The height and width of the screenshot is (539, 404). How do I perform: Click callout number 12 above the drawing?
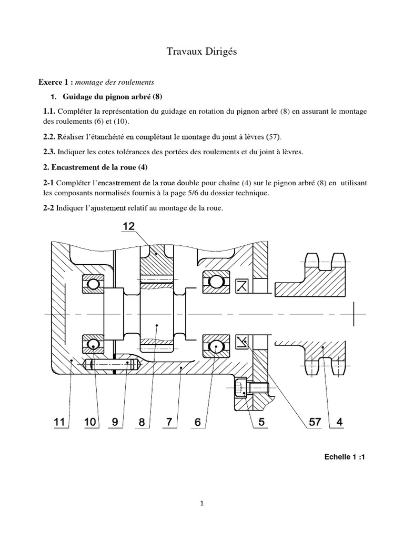point(128,226)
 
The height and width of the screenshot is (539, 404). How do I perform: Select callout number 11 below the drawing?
point(60,422)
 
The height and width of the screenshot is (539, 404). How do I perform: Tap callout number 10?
point(91,422)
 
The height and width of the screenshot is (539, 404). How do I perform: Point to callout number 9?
point(118,422)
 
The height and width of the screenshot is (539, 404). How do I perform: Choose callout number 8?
point(142,422)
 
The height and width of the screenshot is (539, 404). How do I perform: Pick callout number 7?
point(169,422)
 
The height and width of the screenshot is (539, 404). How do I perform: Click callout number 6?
point(198,422)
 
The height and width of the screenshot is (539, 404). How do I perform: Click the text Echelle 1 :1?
point(344,457)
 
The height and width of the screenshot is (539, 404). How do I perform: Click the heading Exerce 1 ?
point(55,82)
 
